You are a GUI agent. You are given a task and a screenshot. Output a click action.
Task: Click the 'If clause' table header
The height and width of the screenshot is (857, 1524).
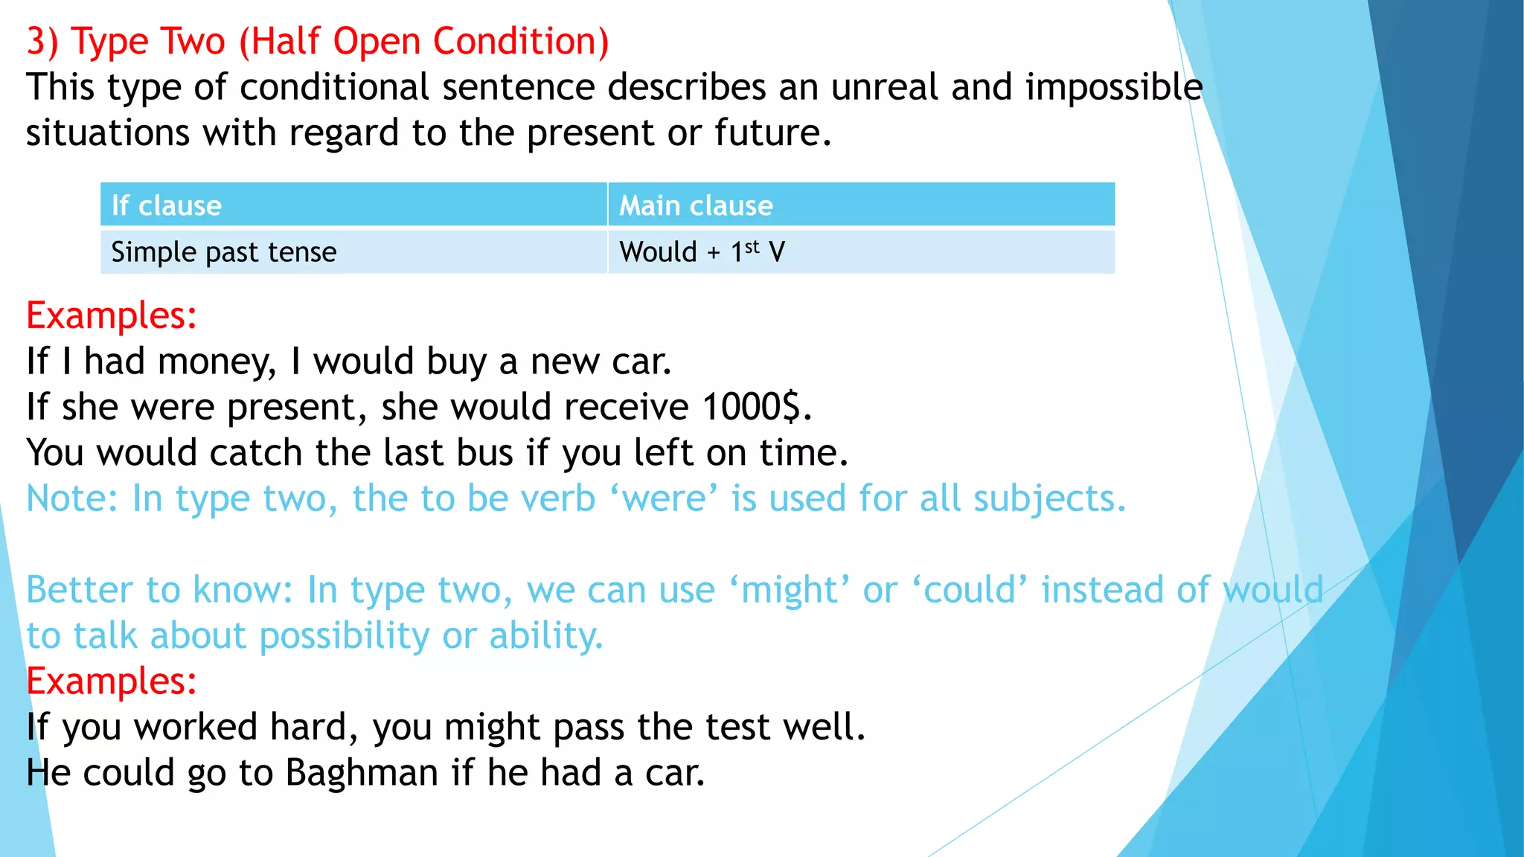coord(167,205)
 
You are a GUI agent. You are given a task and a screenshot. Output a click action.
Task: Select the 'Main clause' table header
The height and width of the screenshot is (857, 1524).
coord(696,205)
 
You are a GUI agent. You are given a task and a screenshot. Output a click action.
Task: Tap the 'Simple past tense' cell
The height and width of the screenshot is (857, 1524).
coord(223,252)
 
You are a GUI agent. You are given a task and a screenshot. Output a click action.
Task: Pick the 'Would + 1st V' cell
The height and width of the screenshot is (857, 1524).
coord(702,252)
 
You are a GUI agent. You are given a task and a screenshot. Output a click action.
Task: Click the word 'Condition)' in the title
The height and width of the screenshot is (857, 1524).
coord(520,42)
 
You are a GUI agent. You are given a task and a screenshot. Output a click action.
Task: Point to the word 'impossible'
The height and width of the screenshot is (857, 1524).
coord(1114,87)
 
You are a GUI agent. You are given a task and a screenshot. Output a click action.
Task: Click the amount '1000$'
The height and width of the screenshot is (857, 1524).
coord(752,407)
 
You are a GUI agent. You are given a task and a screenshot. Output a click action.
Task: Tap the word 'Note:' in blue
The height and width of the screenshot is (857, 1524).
coord(72,498)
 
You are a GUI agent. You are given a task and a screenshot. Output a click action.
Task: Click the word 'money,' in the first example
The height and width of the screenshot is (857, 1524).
coord(217,362)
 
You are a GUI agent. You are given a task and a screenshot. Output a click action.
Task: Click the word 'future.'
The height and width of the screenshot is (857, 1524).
coord(772,133)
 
